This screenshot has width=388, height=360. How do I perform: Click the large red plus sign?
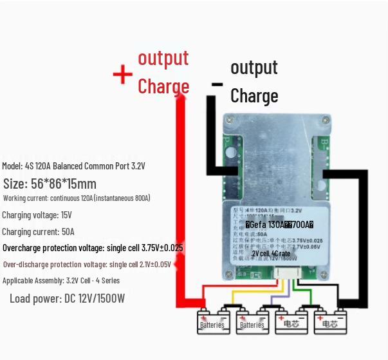click(122, 75)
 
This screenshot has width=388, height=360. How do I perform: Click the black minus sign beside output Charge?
click(217, 84)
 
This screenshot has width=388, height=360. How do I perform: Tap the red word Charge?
click(163, 86)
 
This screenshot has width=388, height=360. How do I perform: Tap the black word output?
click(254, 67)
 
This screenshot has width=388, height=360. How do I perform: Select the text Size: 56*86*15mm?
click(50, 184)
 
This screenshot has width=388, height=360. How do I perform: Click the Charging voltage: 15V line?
click(37, 215)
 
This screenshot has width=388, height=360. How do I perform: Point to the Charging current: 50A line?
click(38, 232)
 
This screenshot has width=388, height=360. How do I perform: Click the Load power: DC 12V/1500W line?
click(67, 299)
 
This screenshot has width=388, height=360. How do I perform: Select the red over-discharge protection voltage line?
click(87, 265)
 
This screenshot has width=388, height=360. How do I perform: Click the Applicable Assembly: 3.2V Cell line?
click(60, 281)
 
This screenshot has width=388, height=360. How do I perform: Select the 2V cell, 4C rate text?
click(271, 254)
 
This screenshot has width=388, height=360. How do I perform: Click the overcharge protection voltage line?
click(93, 248)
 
